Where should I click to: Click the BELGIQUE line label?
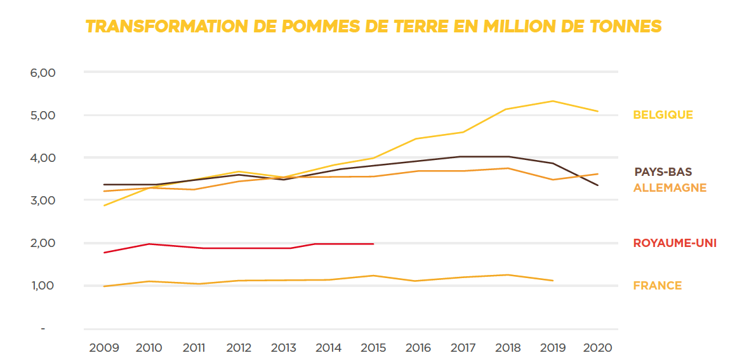[x=663, y=115]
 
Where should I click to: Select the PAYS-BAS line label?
[x=663, y=172]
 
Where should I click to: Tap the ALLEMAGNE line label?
[x=670, y=188]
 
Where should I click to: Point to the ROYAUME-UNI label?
[x=675, y=243]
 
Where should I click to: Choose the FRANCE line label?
[x=657, y=286]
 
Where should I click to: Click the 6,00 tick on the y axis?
[x=43, y=73]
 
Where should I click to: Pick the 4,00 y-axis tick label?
[x=43, y=158]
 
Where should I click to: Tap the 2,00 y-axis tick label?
[x=43, y=243]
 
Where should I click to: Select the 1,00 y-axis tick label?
[x=43, y=286]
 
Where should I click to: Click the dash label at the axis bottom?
[x=43, y=328]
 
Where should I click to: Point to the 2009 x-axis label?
[x=103, y=348]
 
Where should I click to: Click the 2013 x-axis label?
[x=283, y=348]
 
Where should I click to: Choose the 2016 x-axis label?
[x=418, y=348]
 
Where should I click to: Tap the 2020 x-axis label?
[x=597, y=348]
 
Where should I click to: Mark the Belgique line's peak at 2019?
[x=553, y=101]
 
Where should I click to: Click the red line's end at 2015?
[x=373, y=244]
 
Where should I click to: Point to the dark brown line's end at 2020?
[x=598, y=185]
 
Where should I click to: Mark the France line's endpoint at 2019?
[x=553, y=281]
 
